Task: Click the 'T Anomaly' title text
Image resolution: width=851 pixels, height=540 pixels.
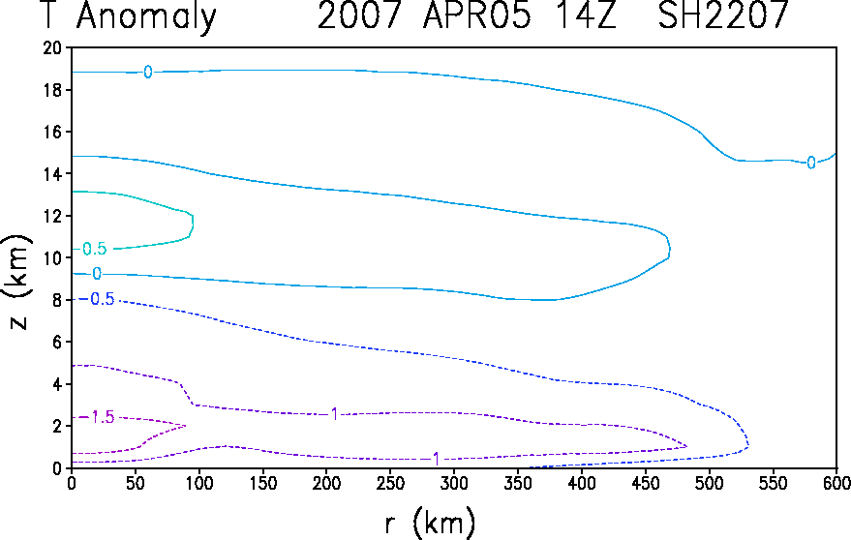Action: (x=129, y=16)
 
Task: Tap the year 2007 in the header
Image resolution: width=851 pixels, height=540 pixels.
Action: (x=359, y=15)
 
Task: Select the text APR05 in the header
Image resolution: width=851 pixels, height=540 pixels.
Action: (x=477, y=15)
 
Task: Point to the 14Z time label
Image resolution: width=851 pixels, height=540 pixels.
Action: (x=585, y=15)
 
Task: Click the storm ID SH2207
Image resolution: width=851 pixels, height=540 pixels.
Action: (x=723, y=15)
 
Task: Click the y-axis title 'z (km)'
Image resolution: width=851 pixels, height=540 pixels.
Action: (x=19, y=283)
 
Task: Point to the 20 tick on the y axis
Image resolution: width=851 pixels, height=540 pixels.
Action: (x=52, y=47)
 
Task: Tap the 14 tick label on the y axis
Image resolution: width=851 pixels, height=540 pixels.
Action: (x=52, y=173)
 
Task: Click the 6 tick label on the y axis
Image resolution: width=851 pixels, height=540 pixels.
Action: (x=56, y=342)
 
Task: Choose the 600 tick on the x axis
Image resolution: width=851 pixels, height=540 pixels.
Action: (x=836, y=483)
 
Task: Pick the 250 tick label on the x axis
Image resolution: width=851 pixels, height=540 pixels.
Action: (x=390, y=483)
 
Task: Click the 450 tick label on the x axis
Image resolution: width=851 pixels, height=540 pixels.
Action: (x=646, y=483)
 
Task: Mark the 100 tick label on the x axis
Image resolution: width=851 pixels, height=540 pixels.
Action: (x=198, y=483)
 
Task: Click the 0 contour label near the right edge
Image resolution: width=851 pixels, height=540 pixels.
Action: (x=811, y=163)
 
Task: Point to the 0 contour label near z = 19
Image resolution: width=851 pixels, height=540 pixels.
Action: (x=147, y=72)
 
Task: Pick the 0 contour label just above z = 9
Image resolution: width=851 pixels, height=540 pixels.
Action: (x=97, y=274)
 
